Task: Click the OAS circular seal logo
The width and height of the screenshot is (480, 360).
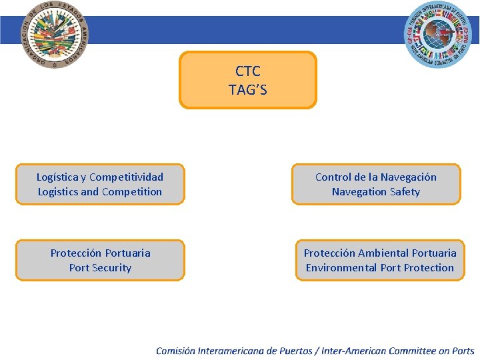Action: (55, 35)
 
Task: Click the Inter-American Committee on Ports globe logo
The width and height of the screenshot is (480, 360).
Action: (438, 35)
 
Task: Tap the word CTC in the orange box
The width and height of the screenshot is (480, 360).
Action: (248, 71)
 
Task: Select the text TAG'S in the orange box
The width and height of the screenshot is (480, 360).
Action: (248, 90)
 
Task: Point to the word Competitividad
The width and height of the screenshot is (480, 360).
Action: (126, 177)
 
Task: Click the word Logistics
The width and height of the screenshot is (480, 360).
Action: (57, 192)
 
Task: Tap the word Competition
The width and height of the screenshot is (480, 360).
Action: (131, 192)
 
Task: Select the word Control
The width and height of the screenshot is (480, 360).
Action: (333, 177)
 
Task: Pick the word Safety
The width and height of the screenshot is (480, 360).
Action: (405, 192)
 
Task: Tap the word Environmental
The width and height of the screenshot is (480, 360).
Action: (341, 268)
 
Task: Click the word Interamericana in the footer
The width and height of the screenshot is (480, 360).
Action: (231, 351)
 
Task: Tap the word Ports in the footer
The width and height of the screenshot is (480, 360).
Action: (462, 351)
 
